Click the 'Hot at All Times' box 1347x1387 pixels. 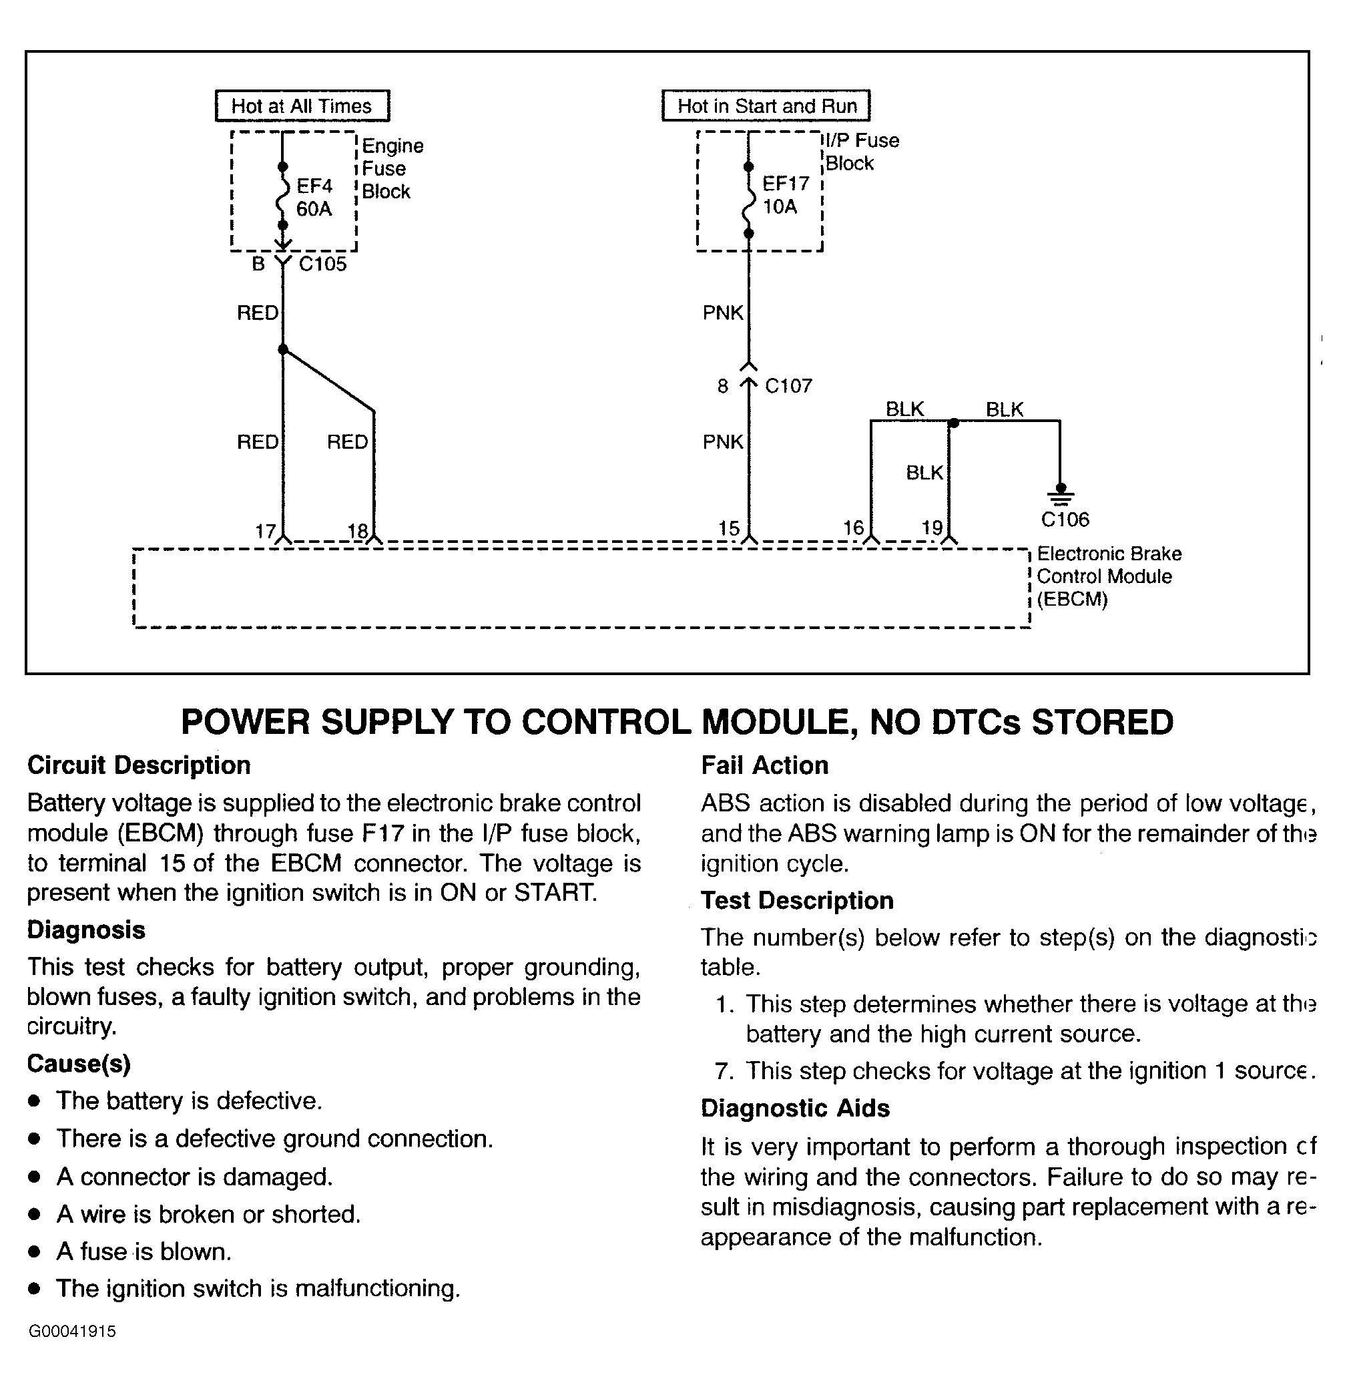click(x=302, y=106)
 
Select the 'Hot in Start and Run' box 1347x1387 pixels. click(x=766, y=106)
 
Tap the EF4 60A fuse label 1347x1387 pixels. click(x=314, y=198)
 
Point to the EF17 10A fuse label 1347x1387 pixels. click(x=784, y=195)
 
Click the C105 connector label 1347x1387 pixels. click(x=322, y=264)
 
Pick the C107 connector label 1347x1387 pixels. click(x=788, y=386)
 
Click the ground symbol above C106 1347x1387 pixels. click(x=1060, y=494)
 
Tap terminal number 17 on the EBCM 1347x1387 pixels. click(x=264, y=531)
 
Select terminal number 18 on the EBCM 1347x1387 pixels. click(x=357, y=531)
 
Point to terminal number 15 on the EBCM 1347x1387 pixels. click(x=729, y=528)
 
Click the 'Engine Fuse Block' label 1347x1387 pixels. click(x=392, y=168)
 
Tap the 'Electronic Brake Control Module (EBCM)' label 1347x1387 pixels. click(x=1109, y=577)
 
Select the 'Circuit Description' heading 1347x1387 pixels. click(x=139, y=765)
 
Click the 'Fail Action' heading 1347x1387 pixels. click(x=764, y=765)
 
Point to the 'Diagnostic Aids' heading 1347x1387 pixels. click(x=795, y=1108)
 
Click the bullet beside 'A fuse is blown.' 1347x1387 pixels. click(x=34, y=1252)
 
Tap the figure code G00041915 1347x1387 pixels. click(x=71, y=1331)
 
